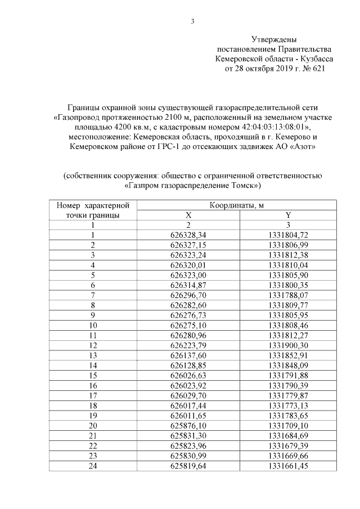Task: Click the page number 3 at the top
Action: [192, 22]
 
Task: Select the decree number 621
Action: [318, 69]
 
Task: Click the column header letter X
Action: [188, 215]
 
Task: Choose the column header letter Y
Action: [288, 215]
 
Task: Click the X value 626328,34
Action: [188, 235]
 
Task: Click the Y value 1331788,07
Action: [288, 294]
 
